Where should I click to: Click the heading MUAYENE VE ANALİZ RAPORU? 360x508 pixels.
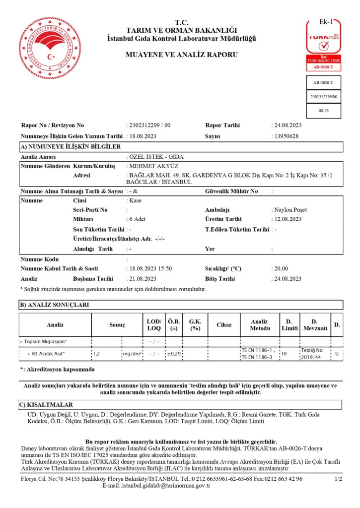(x=182, y=55)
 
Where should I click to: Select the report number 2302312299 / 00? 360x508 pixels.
(x=149, y=126)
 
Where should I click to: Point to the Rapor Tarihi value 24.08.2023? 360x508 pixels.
(x=287, y=126)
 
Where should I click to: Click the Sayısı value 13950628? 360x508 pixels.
(x=285, y=136)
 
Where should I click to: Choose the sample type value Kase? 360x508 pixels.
(x=136, y=200)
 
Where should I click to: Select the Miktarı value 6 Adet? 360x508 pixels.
(x=138, y=219)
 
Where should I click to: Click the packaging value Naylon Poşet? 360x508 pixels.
(x=290, y=210)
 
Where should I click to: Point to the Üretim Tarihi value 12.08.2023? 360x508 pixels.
(x=287, y=219)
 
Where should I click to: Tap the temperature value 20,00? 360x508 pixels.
(x=281, y=268)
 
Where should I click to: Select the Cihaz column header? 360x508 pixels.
(x=224, y=325)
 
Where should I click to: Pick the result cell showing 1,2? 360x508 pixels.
(x=97, y=354)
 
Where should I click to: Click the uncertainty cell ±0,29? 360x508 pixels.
(x=174, y=354)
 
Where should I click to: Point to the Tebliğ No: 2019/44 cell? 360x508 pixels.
(x=314, y=354)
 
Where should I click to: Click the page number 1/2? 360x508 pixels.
(x=339, y=479)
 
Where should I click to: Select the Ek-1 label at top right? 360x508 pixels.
(x=326, y=22)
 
